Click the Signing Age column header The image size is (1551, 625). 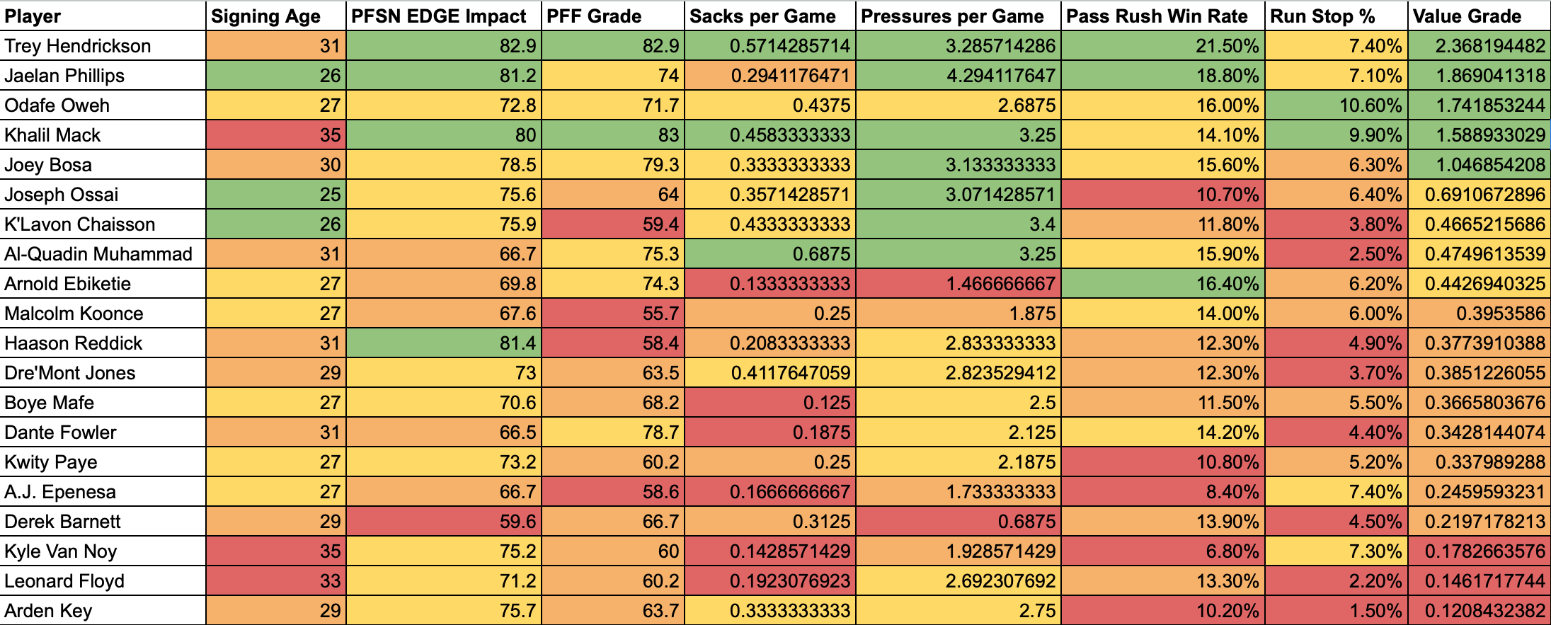(265, 16)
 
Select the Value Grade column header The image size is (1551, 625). (1467, 16)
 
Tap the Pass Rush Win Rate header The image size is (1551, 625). (1157, 16)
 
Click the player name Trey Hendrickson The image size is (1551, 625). (78, 46)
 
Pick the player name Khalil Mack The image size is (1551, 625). (53, 135)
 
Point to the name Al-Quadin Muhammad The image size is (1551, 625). (98, 254)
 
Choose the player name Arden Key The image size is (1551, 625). (48, 611)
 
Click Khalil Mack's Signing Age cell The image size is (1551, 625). (275, 135)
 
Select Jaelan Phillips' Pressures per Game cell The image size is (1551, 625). (958, 76)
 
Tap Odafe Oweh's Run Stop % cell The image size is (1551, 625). (1336, 105)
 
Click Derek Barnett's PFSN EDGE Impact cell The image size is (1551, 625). (444, 522)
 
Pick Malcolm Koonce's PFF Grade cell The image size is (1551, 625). (612, 314)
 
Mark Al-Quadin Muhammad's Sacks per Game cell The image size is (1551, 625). (769, 254)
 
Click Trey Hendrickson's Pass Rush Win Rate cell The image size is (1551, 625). (1163, 46)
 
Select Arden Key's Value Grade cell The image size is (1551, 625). (1478, 611)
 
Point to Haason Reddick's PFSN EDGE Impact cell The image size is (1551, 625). (444, 343)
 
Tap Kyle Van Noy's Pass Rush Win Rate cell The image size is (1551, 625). (1163, 551)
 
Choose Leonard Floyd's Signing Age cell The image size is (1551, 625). (275, 581)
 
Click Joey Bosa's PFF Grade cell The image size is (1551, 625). (612, 165)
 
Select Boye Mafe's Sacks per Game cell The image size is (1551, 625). (769, 403)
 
